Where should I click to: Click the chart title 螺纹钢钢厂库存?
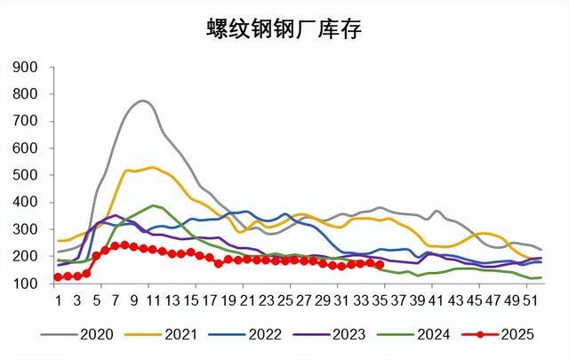click(x=284, y=29)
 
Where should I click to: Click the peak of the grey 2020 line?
click(x=143, y=101)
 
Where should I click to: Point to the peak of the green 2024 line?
click(x=153, y=205)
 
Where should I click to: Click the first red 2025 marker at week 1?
click(x=58, y=277)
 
